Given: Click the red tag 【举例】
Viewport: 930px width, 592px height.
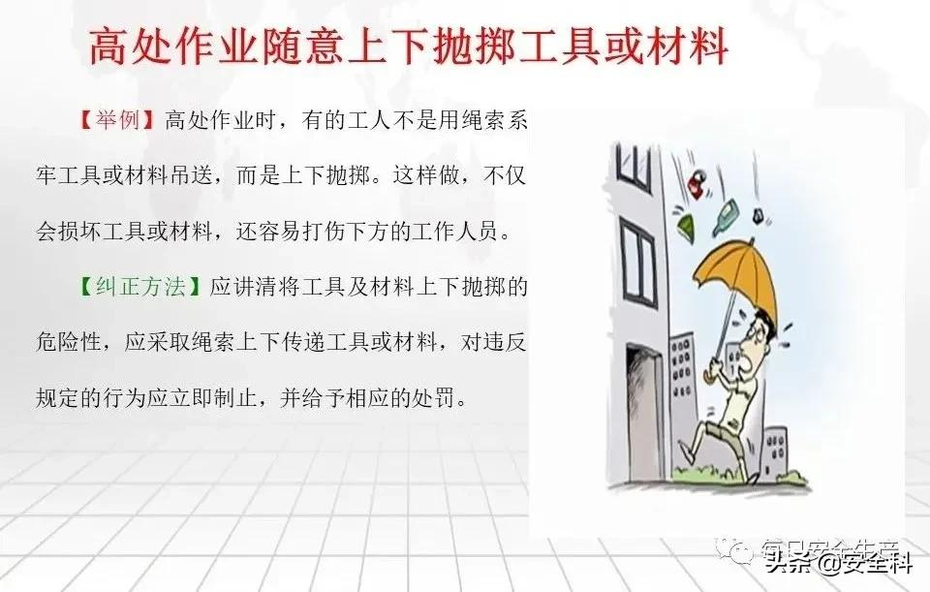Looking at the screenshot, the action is coord(117,120).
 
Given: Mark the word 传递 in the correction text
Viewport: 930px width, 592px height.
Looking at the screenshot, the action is coord(303,343).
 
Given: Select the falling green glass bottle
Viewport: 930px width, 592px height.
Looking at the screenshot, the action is coord(728,215).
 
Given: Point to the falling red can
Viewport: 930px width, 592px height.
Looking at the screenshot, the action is coord(697,183).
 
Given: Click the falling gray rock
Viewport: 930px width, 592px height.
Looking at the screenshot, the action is coord(758,215).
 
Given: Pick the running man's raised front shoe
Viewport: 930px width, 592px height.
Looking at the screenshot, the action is coord(686,452).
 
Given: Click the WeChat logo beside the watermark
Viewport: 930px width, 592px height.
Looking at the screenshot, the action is coord(735,551).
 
